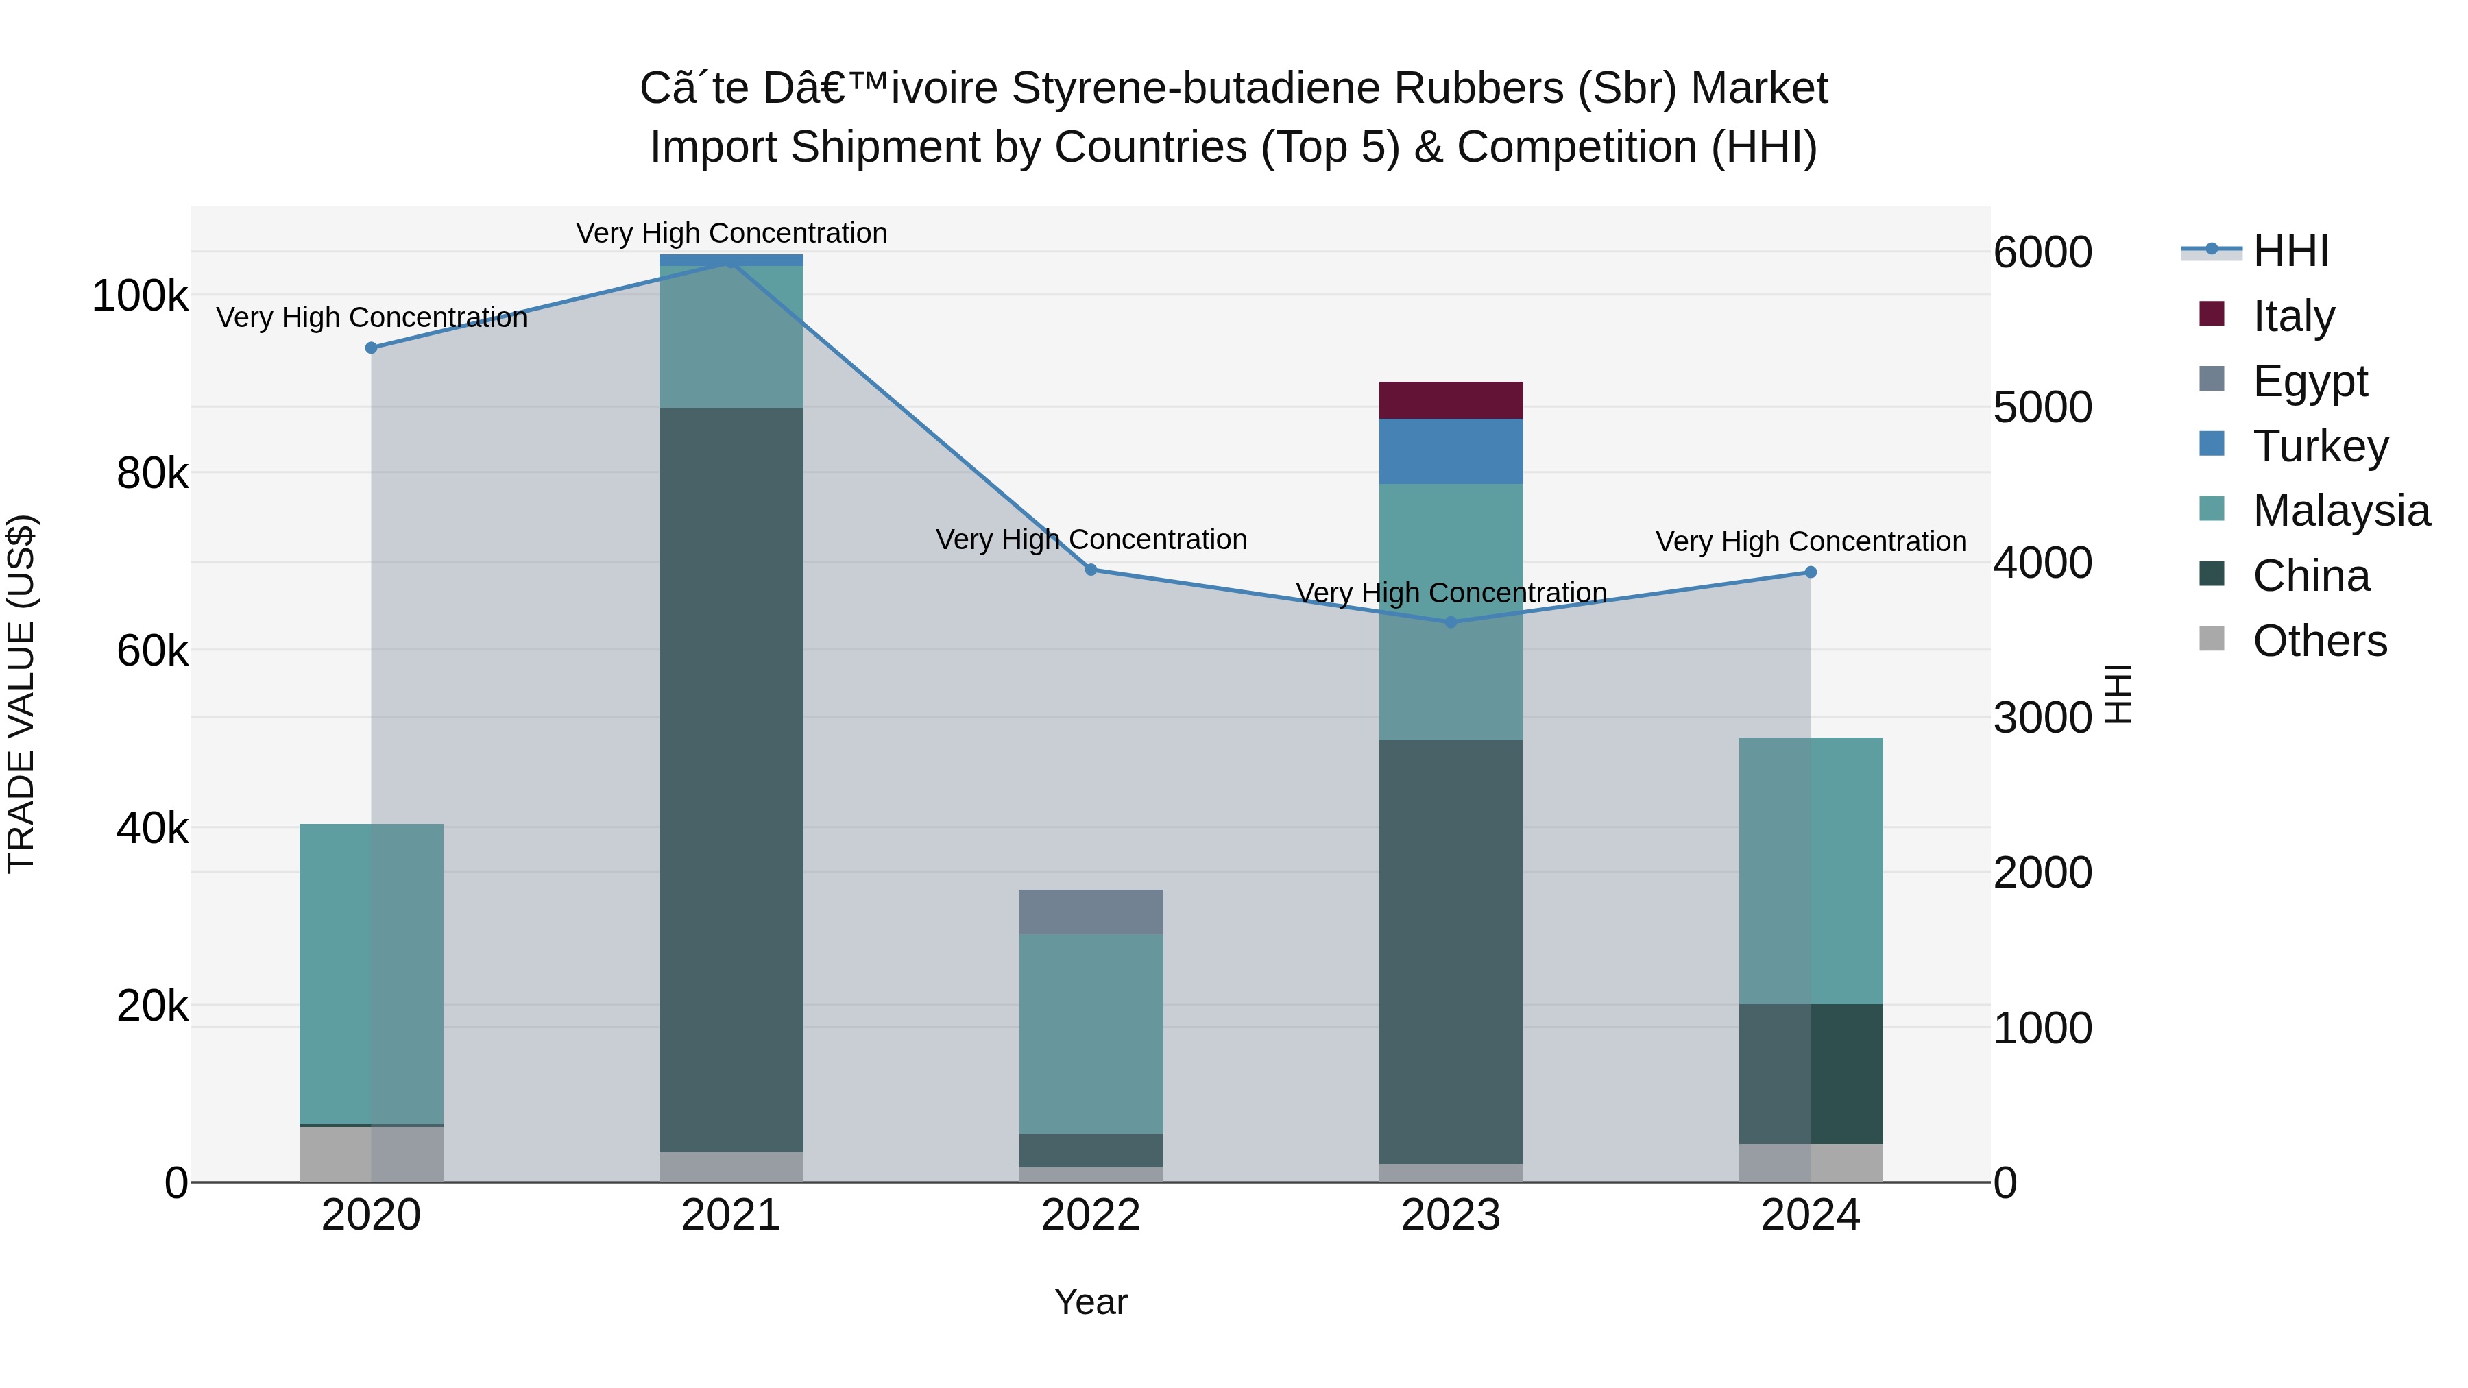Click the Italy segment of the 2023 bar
[1451, 400]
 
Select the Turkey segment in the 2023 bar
[1451, 450]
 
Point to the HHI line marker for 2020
[371, 348]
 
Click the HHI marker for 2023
[1451, 622]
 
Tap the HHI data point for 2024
[1810, 572]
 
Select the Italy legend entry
[2292, 315]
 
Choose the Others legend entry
[2319, 640]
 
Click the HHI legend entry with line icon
[2290, 250]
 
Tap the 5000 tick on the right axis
[2042, 407]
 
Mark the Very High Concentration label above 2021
[731, 233]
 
